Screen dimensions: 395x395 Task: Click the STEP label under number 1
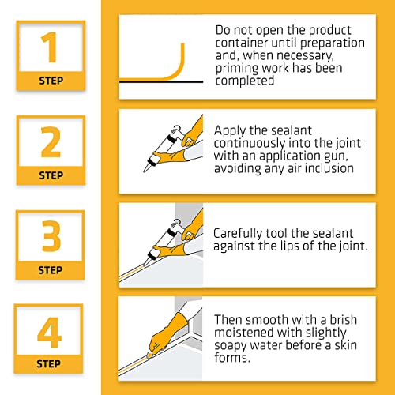tap(51, 80)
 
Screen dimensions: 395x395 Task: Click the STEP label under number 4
tap(51, 364)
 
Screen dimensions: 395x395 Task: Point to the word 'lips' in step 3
tap(291, 246)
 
